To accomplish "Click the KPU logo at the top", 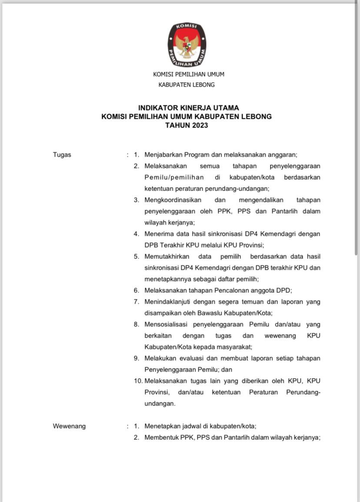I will pyautogui.click(x=187, y=44).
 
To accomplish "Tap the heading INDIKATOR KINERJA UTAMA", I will pyautogui.click(x=188, y=107).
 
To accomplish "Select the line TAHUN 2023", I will pyautogui.click(x=187, y=125).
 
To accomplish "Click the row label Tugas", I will pyautogui.click(x=62, y=154).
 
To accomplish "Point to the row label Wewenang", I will pyautogui.click(x=69, y=426).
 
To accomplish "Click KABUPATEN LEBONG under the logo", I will pyautogui.click(x=186, y=85).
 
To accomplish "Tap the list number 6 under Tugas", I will pyautogui.click(x=136, y=290).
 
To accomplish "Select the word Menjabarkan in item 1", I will pyautogui.click(x=163, y=154).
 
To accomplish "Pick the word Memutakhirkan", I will pyautogui.click(x=167, y=256).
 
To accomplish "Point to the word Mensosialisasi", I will pyautogui.click(x=167, y=324).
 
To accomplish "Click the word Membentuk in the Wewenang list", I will pyautogui.click(x=161, y=437).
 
